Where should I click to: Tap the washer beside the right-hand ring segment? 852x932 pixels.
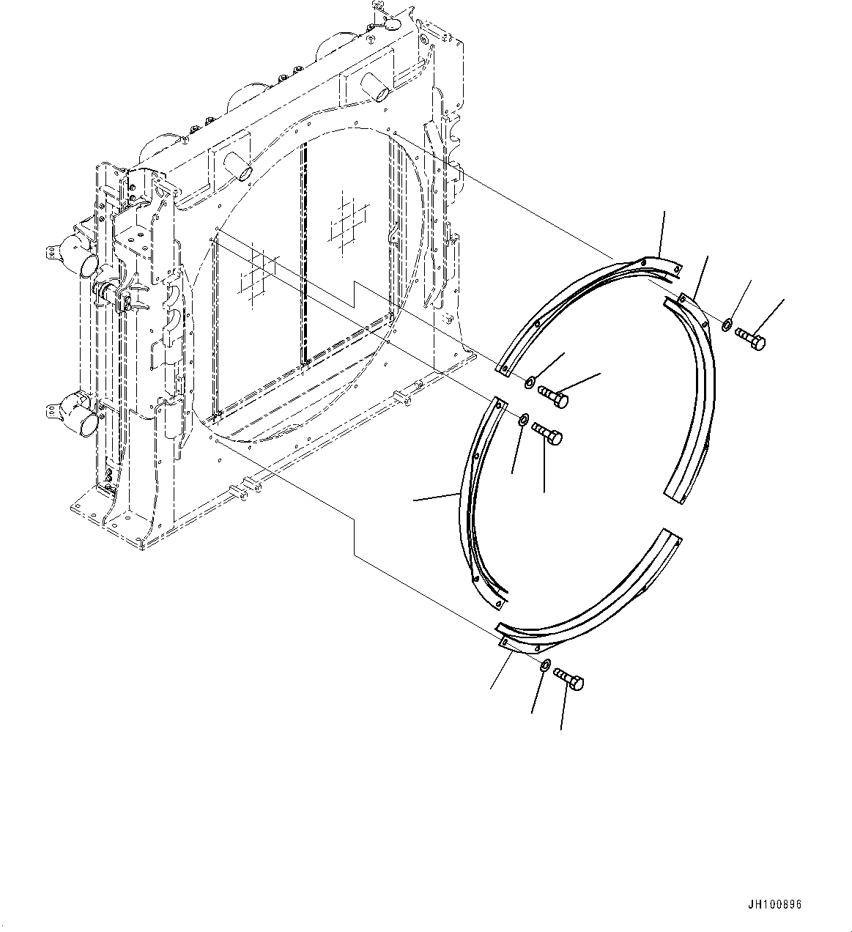[725, 325]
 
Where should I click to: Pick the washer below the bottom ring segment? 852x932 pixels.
[546, 665]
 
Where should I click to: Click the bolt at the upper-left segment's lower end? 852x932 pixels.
[554, 396]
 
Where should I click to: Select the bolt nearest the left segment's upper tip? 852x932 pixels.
[547, 434]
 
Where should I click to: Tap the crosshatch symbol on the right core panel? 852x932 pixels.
[348, 222]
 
